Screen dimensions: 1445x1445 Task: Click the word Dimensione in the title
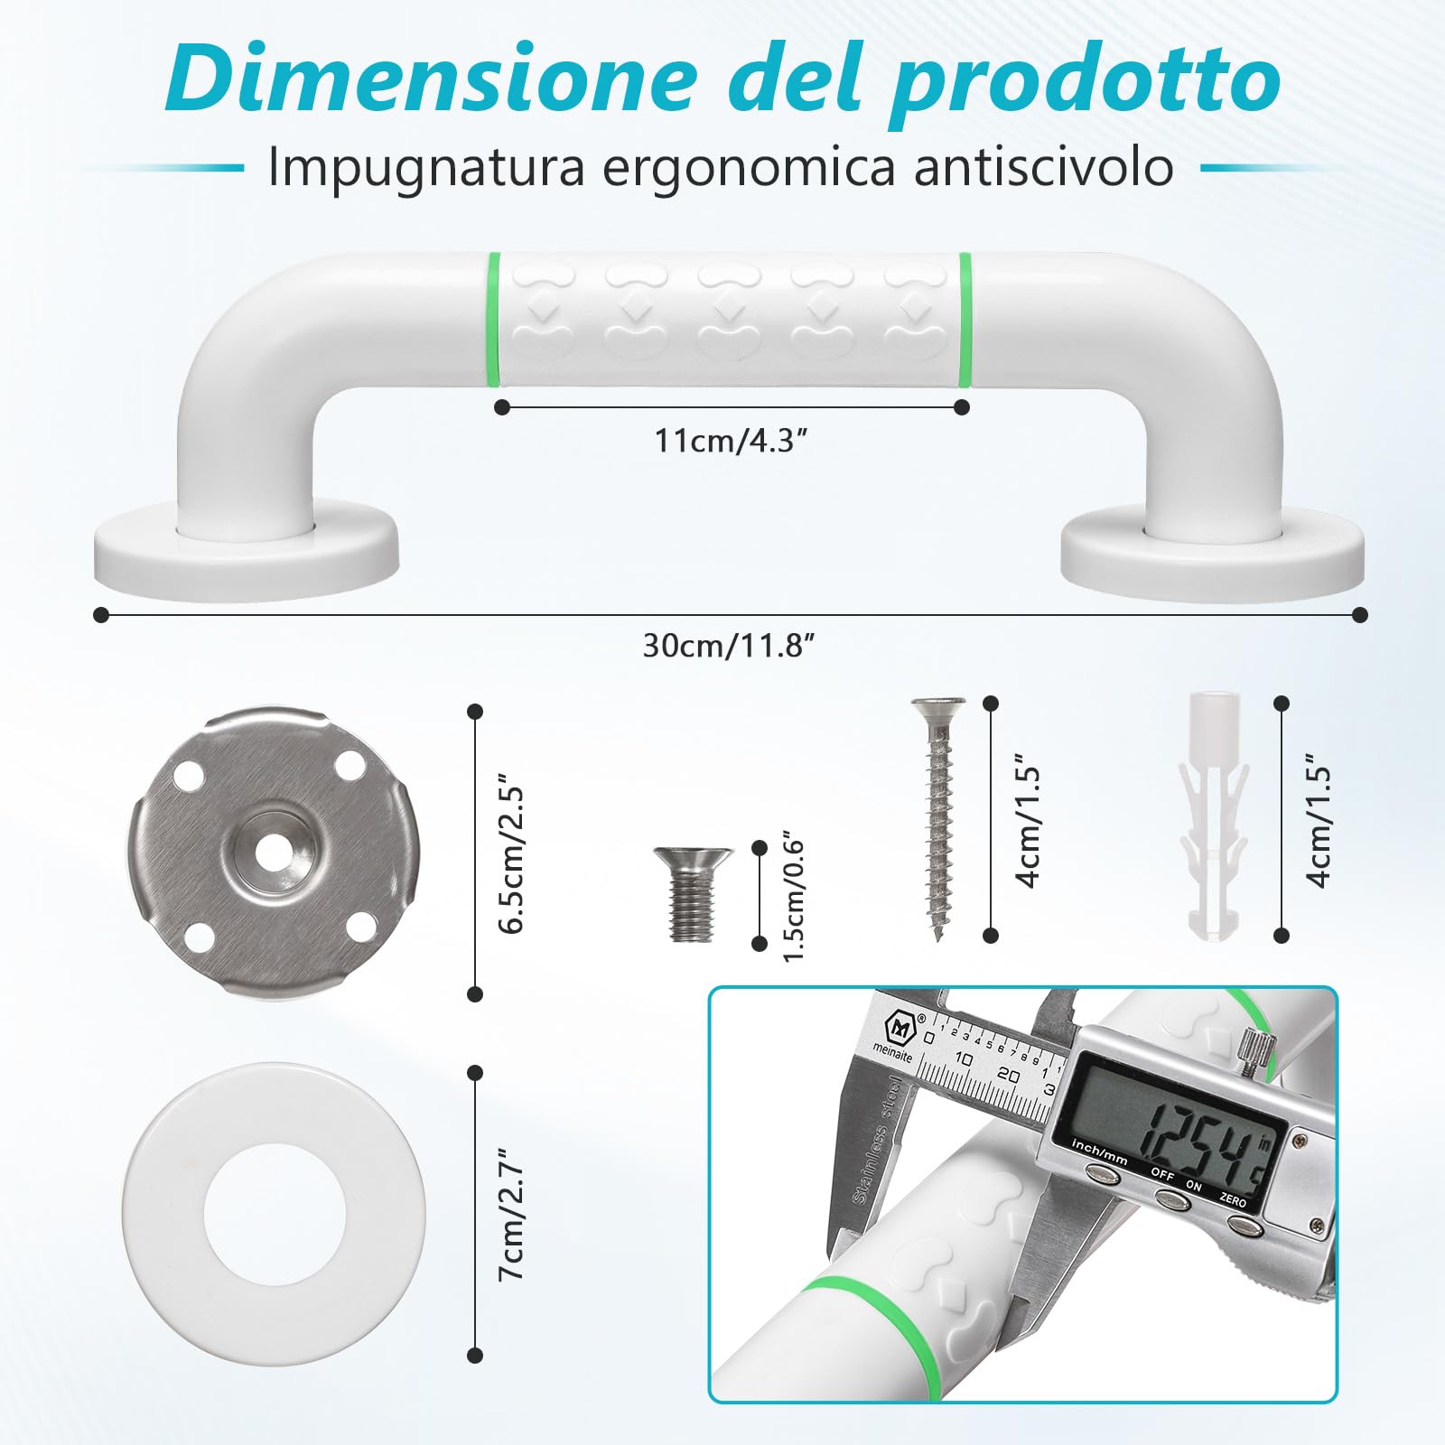click(x=430, y=79)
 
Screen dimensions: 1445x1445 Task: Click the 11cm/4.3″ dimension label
click(x=730, y=441)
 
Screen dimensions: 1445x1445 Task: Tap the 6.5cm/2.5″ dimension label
click(x=512, y=858)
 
